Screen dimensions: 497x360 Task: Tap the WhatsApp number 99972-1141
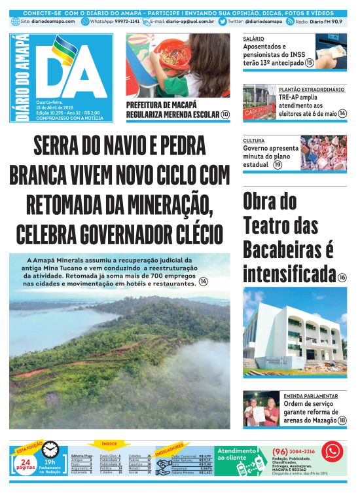click(126, 22)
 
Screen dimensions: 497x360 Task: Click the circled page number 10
click(225, 114)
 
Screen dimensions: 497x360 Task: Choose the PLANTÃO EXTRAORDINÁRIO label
click(312, 89)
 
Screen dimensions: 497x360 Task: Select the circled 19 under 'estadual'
click(278, 164)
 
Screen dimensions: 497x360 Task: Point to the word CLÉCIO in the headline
click(190, 234)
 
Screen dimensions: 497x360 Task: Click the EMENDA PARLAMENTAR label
click(310, 396)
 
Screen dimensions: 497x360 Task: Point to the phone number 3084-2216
click(300, 451)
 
